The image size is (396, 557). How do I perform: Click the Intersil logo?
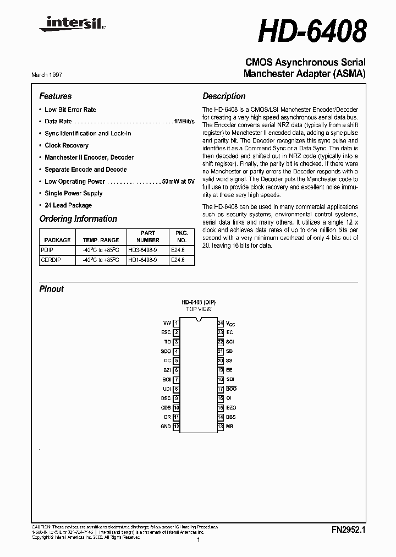[62, 23]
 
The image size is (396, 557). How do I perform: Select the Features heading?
[56, 96]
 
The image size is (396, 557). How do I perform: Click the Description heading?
[224, 96]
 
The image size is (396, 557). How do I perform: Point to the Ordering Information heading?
[78, 219]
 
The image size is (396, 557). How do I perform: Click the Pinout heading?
[52, 289]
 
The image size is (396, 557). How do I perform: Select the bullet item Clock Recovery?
[67, 145]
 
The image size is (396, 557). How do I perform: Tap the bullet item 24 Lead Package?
[68, 205]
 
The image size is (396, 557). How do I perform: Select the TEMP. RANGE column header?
[101, 240]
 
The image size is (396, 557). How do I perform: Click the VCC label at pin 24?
[230, 324]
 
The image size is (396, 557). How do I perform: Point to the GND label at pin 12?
[166, 427]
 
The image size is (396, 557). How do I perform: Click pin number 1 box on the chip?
[176, 323]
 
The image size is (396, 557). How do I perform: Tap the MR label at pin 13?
[230, 427]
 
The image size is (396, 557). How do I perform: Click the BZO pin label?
[231, 408]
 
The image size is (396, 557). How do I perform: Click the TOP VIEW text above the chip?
[199, 309]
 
